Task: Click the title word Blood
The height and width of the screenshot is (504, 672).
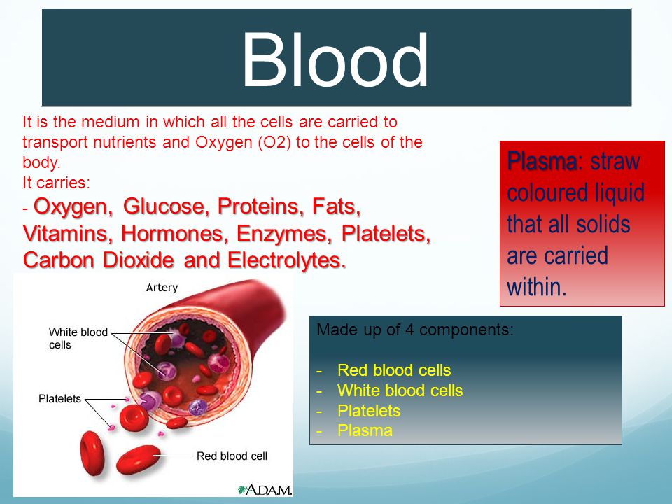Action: [x=335, y=60]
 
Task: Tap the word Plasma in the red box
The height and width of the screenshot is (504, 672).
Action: [x=542, y=161]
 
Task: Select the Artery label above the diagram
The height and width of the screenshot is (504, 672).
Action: [x=162, y=288]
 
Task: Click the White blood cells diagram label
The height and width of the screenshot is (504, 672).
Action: [x=78, y=339]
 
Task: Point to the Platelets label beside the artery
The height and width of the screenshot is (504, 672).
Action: [x=59, y=399]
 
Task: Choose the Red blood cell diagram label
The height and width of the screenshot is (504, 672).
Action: [x=232, y=456]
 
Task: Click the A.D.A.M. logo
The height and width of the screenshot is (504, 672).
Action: [x=265, y=489]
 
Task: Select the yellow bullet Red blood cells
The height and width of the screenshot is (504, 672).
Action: [x=394, y=370]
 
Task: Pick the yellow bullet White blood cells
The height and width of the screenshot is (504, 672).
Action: [x=400, y=391]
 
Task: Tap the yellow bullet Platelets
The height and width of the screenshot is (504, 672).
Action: [x=369, y=411]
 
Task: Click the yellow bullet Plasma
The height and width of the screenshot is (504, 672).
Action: [x=365, y=430]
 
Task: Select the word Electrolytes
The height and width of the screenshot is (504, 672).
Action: [x=287, y=260]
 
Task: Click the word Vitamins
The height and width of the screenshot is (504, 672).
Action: [x=68, y=234]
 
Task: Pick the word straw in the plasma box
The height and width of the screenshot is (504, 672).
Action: [x=615, y=162]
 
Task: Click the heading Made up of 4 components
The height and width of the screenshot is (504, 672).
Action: [x=415, y=330]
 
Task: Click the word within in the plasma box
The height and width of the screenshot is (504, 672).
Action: [x=537, y=287]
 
